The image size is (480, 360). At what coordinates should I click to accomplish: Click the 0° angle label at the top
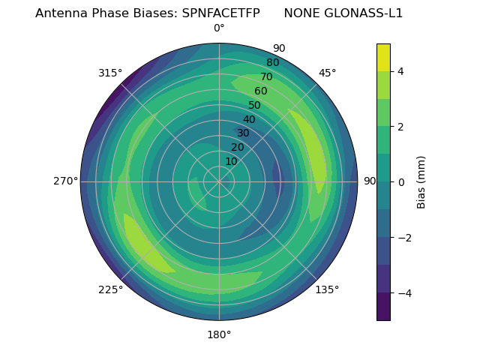pos(219,28)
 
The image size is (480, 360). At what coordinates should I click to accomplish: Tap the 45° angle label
pos(327,73)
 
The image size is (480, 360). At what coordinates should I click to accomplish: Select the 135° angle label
pos(327,289)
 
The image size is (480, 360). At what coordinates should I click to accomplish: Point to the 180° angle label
pos(219,334)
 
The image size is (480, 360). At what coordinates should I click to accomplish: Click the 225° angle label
pos(110,289)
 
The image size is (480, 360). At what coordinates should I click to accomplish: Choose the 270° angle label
pos(65,181)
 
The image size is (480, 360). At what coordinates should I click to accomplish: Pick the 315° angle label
pos(110,73)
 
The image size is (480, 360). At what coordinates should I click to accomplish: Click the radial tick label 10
pos(231,161)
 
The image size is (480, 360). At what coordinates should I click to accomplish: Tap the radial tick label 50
pos(255,105)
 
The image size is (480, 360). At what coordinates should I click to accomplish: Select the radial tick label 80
pos(272,62)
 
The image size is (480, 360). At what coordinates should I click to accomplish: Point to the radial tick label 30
pos(243,133)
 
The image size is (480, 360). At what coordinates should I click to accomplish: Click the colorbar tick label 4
pos(400,71)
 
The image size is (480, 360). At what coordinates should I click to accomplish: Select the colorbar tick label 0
pos(400,181)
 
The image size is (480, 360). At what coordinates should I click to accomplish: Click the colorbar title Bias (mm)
pos(421,181)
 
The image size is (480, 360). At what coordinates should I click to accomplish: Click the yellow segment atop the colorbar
pos(383,57)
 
